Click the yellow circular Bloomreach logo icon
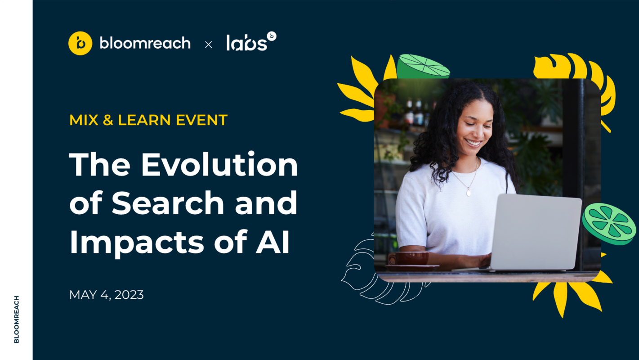point(80,43)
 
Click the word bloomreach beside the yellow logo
point(145,43)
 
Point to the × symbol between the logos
point(208,44)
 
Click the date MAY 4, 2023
point(107,295)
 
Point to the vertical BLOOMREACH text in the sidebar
point(17,319)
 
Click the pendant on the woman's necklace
point(469,193)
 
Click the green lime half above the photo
point(423,66)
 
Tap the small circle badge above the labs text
point(271,36)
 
